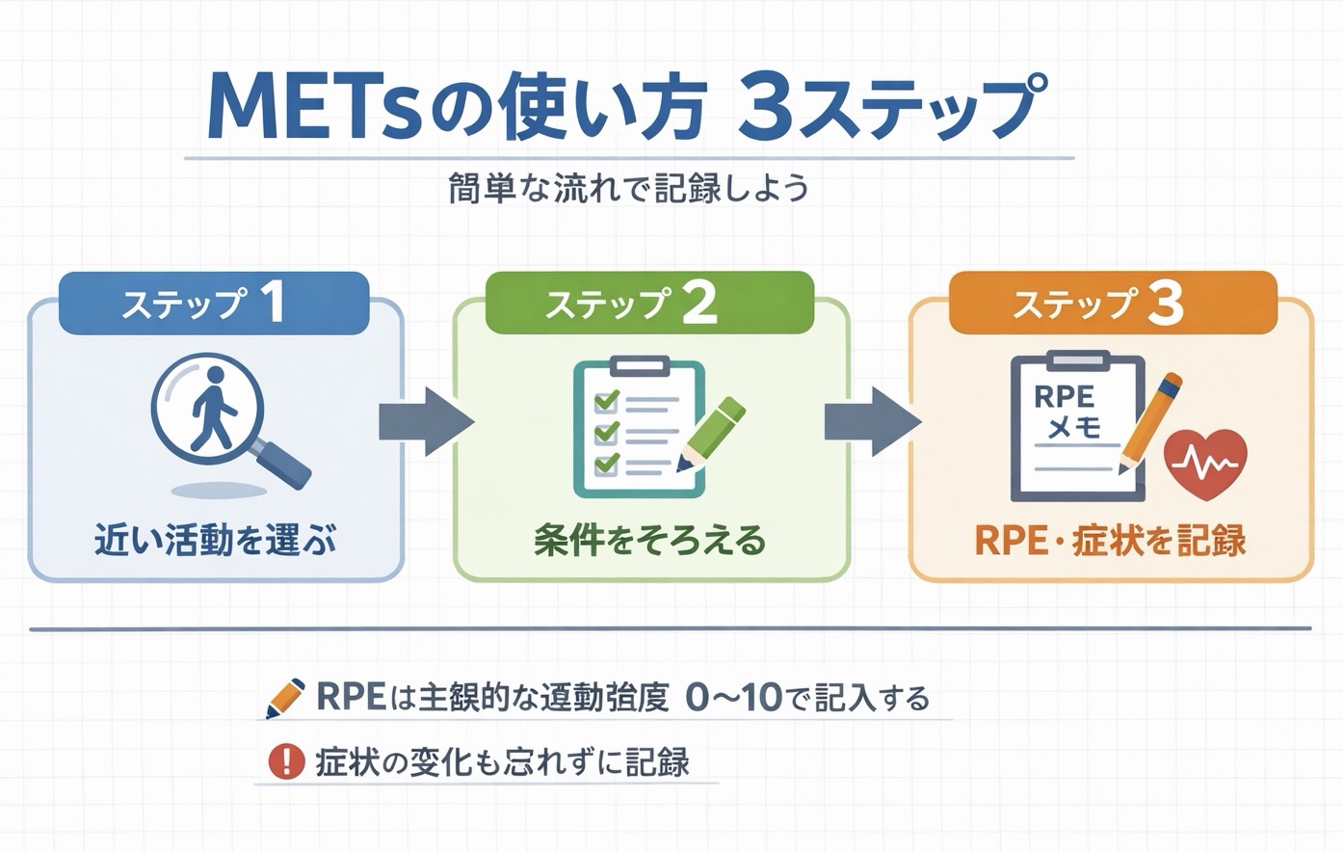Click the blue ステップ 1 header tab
point(213,304)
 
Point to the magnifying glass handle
point(285,466)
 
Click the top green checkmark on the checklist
point(606,399)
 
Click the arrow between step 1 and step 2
point(425,422)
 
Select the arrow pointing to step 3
point(872,422)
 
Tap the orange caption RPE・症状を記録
point(1110,541)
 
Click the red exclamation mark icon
point(286,761)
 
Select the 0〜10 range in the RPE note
point(733,698)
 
